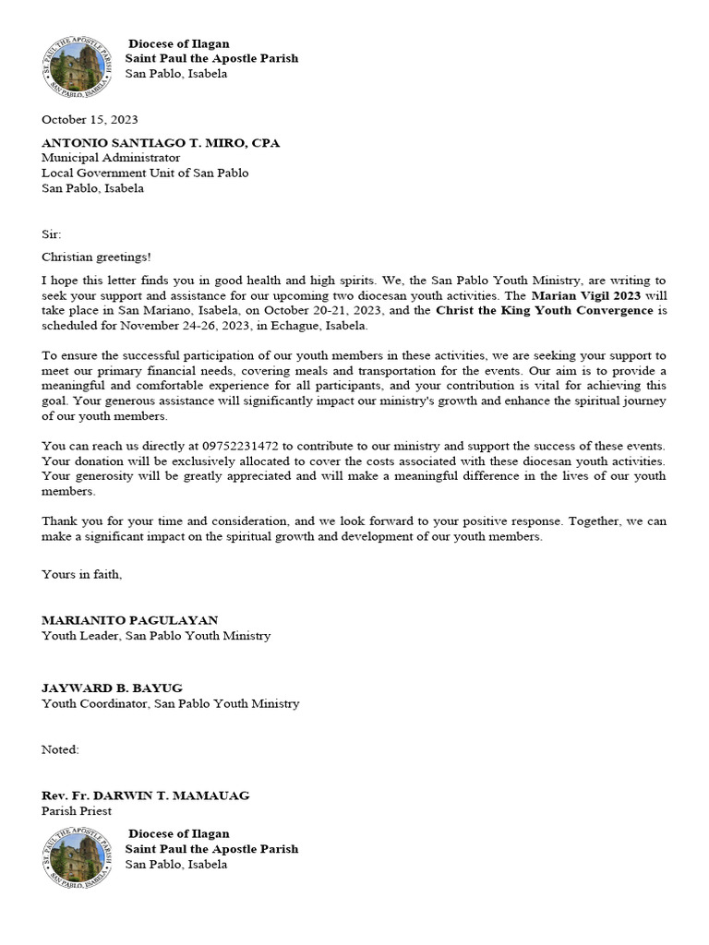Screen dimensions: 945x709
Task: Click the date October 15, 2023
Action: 90,119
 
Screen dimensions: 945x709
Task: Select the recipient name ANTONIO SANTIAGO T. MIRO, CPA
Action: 160,143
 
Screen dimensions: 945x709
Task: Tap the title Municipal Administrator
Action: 111,158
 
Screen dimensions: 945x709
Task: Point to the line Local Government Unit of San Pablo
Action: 145,173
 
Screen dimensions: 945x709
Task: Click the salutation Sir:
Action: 52,234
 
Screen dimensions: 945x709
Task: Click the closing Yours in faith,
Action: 81,574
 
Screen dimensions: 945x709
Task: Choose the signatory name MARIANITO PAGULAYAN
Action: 129,620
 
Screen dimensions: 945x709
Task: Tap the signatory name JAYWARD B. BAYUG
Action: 112,688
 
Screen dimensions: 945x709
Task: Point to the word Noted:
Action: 60,749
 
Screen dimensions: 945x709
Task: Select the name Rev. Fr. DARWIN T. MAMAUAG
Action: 145,795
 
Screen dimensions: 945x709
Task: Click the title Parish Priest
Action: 77,810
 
